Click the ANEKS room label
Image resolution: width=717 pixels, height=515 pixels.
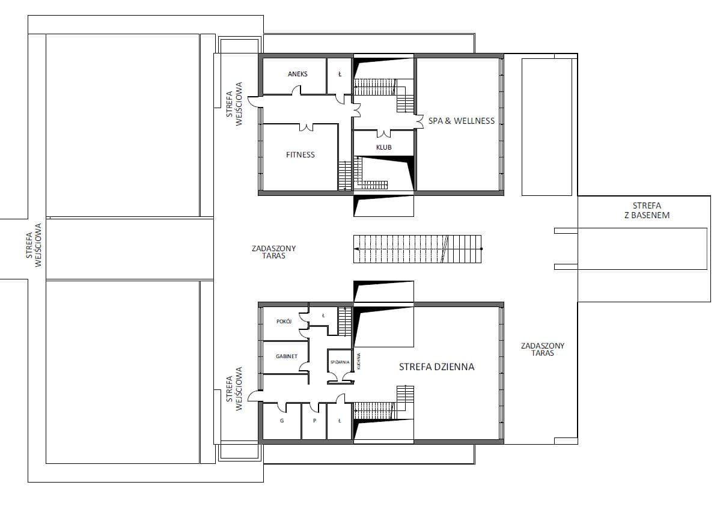point(297,74)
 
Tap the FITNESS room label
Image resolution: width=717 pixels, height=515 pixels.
point(301,154)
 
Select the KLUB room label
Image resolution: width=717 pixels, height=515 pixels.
point(383,147)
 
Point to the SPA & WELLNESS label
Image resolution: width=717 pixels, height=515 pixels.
point(462,121)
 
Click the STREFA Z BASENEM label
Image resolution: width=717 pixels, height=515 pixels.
point(647,210)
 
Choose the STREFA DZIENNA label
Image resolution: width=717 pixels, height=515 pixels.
point(437,367)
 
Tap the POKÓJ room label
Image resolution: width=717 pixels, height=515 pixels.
point(284,321)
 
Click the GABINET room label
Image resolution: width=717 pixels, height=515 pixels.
point(287,356)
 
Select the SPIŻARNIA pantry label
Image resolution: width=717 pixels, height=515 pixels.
point(340,362)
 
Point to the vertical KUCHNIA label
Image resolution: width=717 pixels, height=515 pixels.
point(359,361)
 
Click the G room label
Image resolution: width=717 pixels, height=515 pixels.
point(282,421)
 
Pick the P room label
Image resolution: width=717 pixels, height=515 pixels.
point(314,421)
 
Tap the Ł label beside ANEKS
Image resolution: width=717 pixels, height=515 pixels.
point(340,74)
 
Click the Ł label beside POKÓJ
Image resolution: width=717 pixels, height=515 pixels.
point(323,315)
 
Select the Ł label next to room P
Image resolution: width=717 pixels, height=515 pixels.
point(340,421)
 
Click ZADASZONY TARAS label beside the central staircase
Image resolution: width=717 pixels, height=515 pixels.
point(274,252)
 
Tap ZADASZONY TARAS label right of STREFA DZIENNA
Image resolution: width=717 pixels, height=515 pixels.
point(543,349)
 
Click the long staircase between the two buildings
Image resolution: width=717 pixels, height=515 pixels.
point(418,249)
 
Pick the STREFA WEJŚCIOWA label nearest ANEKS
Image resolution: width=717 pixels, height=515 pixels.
point(234,104)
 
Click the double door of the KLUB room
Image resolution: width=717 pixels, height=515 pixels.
point(383,133)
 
